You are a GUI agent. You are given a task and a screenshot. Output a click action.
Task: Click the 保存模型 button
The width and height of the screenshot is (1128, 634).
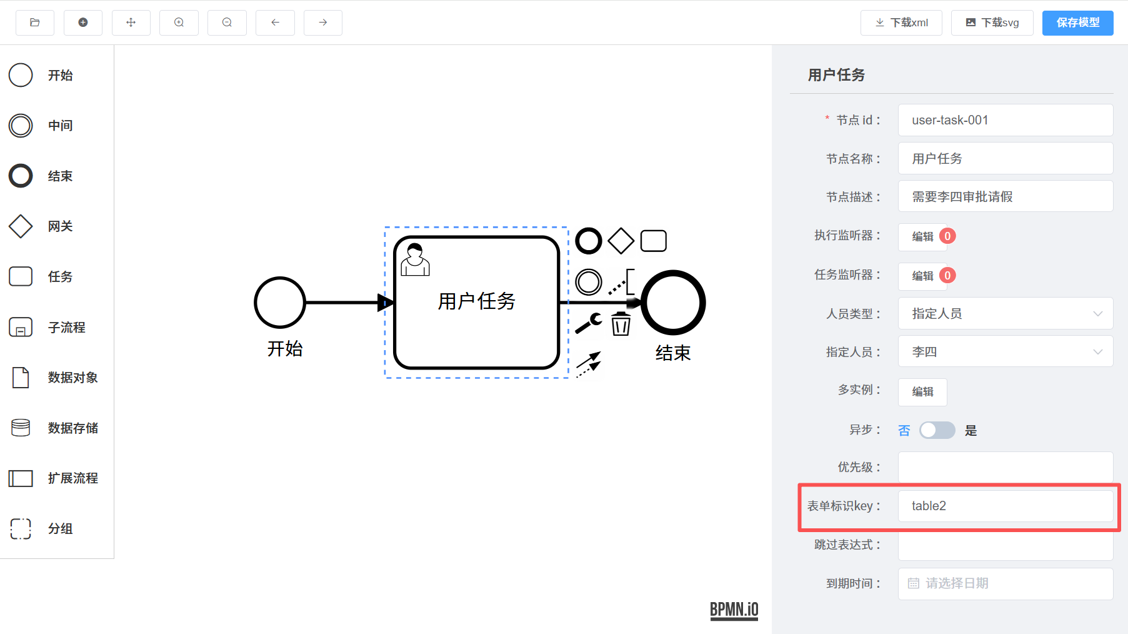tap(1077, 23)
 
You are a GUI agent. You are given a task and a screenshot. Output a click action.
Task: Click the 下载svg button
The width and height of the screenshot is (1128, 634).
tap(992, 23)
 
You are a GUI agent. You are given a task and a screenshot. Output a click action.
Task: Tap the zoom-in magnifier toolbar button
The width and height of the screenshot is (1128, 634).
tap(179, 23)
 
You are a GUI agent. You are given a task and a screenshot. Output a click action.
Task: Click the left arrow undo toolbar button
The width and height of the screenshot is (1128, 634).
tap(275, 23)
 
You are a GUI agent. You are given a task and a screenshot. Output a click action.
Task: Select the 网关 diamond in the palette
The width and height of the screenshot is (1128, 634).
tap(21, 226)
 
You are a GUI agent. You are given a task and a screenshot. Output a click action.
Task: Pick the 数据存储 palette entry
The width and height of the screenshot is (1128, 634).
tap(21, 428)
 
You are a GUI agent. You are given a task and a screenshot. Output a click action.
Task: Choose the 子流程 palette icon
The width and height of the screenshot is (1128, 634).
tap(21, 327)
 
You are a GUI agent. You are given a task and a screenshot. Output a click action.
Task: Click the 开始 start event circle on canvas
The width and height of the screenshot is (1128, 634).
tap(280, 303)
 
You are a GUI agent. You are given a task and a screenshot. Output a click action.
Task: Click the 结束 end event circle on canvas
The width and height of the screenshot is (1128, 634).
tap(673, 303)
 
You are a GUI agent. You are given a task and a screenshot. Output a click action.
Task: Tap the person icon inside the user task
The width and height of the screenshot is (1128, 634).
tap(415, 260)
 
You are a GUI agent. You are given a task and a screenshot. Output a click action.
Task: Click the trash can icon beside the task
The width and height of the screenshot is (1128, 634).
tap(621, 324)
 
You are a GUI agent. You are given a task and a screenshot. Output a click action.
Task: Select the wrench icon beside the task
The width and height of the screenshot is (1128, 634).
tap(588, 323)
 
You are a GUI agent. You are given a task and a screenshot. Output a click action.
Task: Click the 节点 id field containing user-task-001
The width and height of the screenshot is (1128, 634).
tap(1005, 120)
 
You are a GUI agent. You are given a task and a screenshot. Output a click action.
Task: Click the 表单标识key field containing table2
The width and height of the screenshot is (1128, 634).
tap(1005, 506)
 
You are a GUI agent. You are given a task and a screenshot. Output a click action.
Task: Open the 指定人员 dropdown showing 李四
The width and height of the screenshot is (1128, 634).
tap(1005, 352)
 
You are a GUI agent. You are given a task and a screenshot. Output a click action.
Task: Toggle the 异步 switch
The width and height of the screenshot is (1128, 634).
tap(937, 430)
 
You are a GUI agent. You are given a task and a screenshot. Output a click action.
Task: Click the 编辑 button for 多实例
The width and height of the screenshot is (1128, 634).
tap(922, 392)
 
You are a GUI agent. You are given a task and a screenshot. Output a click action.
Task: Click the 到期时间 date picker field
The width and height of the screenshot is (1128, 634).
tap(1005, 583)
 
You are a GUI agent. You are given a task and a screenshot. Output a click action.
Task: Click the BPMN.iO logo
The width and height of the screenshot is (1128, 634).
tap(734, 610)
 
